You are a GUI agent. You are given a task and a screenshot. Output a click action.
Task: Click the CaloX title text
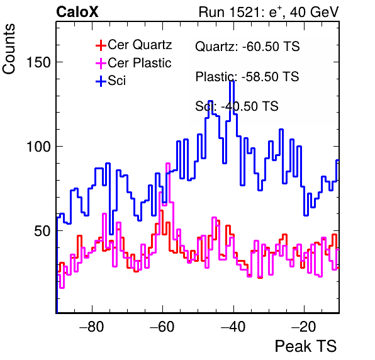[77, 12]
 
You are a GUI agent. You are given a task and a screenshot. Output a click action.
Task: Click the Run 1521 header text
[269, 12]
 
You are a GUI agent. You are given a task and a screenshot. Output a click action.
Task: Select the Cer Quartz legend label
[140, 45]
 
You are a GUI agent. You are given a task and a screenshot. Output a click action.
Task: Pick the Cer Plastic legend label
[140, 63]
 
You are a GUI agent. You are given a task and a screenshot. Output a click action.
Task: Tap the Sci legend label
[116, 81]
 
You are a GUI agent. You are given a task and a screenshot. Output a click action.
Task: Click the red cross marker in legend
[101, 45]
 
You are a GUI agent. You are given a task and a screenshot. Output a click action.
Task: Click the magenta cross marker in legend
[101, 63]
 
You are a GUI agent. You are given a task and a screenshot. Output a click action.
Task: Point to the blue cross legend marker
[101, 81]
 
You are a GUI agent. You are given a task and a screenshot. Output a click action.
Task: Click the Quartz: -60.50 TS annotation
[247, 47]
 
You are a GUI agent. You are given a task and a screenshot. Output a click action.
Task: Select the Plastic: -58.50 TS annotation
[247, 77]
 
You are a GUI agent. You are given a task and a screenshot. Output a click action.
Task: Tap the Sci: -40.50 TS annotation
[237, 106]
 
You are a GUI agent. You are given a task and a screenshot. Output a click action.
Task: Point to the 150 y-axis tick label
[39, 63]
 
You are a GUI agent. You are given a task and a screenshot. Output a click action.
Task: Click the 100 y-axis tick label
[39, 147]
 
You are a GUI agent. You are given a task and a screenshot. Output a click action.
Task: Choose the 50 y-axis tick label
[43, 231]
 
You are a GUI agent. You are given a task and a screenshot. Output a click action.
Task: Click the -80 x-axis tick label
[92, 327]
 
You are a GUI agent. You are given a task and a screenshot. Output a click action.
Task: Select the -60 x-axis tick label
[162, 327]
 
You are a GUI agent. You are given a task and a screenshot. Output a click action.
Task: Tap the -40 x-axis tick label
[233, 327]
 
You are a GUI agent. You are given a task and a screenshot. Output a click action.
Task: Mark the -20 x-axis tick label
[304, 327]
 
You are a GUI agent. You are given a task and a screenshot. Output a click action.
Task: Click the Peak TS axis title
[306, 346]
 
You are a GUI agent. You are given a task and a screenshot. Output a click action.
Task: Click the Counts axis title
[9, 49]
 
